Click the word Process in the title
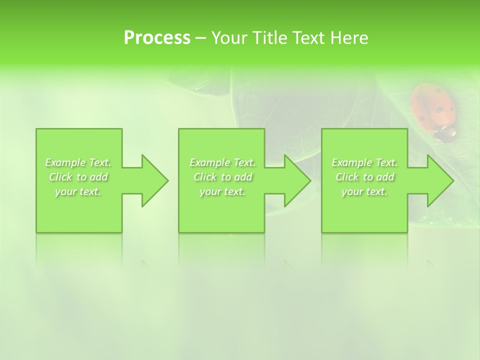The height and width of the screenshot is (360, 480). pos(157,38)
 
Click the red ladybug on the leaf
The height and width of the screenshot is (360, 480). pos(433,107)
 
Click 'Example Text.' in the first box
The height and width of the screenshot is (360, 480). pos(78,162)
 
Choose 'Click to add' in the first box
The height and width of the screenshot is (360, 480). pos(78,177)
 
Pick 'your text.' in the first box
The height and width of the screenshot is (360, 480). pos(78,191)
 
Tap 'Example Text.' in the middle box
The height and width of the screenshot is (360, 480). pos(222,162)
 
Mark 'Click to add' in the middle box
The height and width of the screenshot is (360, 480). pos(222,177)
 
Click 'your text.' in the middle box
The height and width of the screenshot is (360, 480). pos(222,191)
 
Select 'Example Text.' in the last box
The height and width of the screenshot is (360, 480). pos(364,162)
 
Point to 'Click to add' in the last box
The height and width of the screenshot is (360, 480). pos(364,177)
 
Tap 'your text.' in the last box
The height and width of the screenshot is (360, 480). pos(364,191)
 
